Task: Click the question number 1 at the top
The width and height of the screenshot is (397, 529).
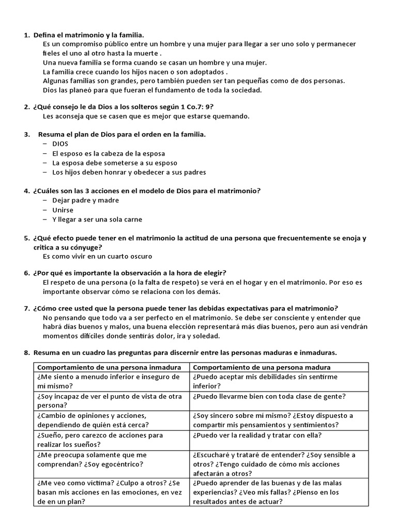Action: (26, 35)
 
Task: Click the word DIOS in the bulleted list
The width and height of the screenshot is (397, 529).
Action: (60, 144)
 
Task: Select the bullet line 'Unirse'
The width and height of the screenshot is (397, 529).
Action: (63, 210)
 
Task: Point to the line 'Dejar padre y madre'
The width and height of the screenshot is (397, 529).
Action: (85, 200)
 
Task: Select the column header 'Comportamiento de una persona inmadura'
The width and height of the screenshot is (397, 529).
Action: (109, 367)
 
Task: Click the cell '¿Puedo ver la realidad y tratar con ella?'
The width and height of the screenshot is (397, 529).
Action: (264, 435)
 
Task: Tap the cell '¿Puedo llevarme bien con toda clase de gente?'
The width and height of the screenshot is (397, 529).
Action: (269, 396)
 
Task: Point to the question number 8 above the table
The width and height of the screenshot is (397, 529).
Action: (26, 353)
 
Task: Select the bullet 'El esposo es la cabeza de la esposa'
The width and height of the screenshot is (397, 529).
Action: (109, 153)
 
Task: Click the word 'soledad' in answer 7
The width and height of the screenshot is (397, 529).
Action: (206, 336)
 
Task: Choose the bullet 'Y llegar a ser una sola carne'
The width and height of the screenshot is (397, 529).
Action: (97, 219)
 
